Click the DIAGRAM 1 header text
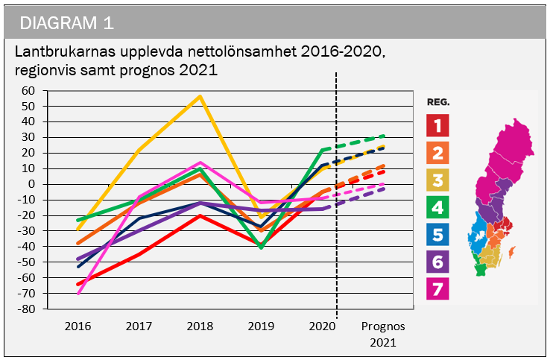[67, 22]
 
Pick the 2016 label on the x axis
[78, 326]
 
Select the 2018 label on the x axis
[199, 326]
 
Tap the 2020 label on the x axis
[321, 326]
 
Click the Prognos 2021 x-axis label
[383, 334]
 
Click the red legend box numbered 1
[437, 125]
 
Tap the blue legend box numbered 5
[437, 236]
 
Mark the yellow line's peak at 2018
[200, 96]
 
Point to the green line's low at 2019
[261, 247]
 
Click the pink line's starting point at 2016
[78, 293]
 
